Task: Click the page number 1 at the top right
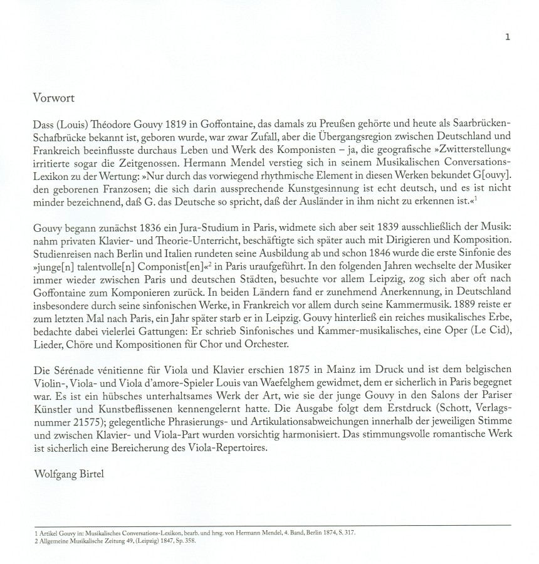click(508, 37)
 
